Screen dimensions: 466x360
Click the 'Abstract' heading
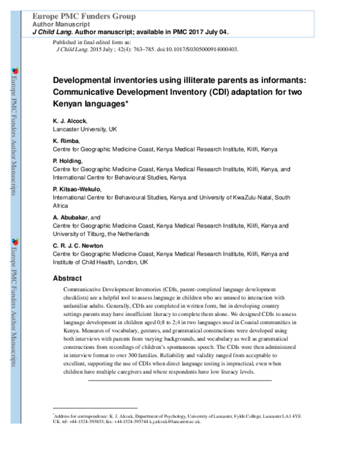[x=67, y=279]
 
